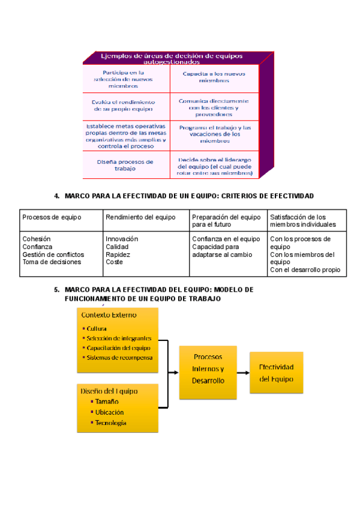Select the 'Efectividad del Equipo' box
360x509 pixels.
point(276,373)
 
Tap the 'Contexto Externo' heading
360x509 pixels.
point(109,315)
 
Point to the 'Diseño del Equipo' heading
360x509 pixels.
point(109,391)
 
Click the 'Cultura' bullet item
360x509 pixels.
point(97,329)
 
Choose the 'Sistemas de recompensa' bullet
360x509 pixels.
point(119,357)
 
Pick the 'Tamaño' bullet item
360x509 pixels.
point(106,402)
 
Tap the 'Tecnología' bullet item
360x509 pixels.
point(110,423)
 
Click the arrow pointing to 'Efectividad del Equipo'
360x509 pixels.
point(243,373)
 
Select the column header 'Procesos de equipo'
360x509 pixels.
point(52,217)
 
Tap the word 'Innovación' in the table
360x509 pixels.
point(122,239)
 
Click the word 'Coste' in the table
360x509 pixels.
point(114,262)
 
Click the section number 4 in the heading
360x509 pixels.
point(56,196)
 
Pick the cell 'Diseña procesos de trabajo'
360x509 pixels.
point(125,165)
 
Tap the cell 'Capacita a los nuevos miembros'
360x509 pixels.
point(214,77)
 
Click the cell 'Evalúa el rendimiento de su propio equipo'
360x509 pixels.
point(124,106)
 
